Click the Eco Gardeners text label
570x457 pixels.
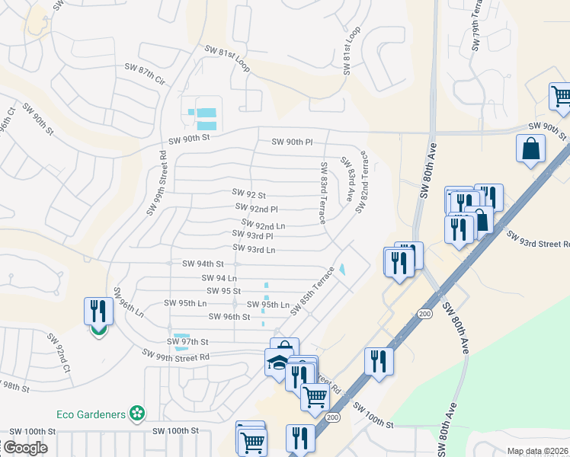coord(91,414)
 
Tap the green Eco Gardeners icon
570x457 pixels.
coord(137,414)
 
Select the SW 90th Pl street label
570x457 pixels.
coord(292,142)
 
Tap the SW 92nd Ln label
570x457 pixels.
coord(263,225)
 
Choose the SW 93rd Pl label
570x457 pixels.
coord(253,236)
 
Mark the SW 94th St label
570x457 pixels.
coord(203,264)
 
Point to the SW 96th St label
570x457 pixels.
coord(229,317)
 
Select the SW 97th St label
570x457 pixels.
coord(187,342)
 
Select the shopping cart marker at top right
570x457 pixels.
coord(561,97)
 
